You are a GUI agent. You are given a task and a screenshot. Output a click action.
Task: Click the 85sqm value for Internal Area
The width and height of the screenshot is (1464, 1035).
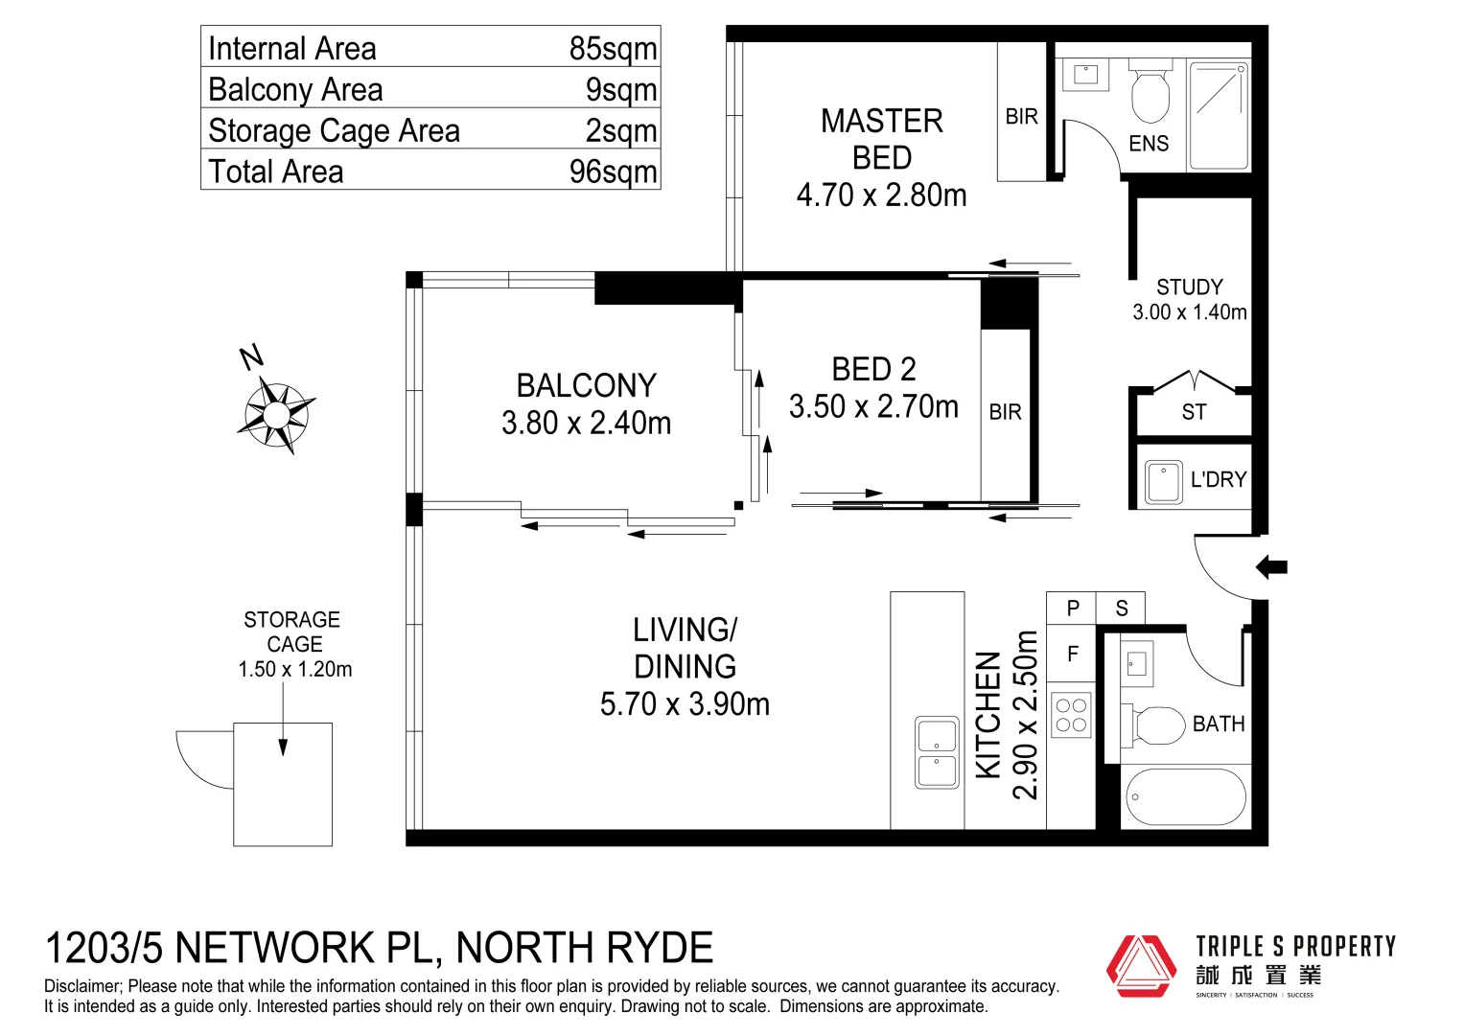point(613,48)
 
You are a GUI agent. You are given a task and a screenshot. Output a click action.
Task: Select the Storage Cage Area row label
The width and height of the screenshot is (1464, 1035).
point(334,130)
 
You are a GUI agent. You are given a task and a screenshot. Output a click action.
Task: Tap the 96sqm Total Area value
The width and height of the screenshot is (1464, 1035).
point(613,172)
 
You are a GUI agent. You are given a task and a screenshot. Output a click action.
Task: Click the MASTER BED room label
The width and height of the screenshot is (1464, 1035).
point(881,139)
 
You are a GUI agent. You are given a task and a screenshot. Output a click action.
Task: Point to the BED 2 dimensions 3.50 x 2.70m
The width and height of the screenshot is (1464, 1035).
point(873,406)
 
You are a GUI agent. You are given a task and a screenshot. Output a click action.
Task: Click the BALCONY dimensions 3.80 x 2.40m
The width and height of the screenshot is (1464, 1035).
point(586,423)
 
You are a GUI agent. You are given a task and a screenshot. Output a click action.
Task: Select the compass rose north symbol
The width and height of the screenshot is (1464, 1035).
point(276,412)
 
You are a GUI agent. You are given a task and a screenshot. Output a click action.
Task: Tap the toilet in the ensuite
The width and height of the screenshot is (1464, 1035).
point(1150,92)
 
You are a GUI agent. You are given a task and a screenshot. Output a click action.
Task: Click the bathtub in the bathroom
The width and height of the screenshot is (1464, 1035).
point(1186,796)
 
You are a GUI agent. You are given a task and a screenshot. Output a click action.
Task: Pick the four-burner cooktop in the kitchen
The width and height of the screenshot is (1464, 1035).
point(1071,715)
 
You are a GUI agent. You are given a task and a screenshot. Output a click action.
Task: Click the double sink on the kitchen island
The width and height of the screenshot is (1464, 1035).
point(937,752)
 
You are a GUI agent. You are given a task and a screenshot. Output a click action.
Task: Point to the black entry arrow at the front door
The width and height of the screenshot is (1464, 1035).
point(1271,566)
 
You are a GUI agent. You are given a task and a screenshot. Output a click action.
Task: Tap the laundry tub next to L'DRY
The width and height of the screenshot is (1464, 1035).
point(1163,481)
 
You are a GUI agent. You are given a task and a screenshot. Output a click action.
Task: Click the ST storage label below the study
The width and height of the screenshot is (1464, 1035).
point(1194,412)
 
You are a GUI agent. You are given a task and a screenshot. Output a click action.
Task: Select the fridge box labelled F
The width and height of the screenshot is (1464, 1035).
point(1072,654)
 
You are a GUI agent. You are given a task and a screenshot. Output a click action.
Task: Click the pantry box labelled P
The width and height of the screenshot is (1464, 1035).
point(1072,608)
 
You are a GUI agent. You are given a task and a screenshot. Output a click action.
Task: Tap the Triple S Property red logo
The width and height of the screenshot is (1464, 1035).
point(1141,966)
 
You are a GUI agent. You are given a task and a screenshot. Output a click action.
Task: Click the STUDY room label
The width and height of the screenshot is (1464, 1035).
point(1189,287)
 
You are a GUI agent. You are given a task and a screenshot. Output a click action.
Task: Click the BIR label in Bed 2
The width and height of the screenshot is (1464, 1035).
point(1005,412)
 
